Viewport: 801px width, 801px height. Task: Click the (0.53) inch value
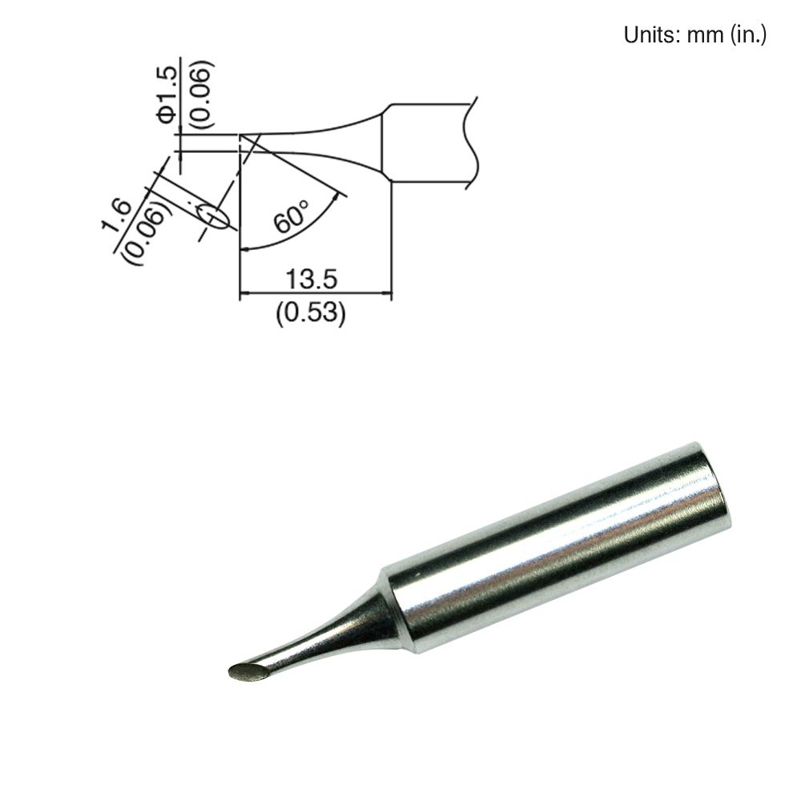click(311, 314)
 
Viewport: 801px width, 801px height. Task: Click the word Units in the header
click(646, 35)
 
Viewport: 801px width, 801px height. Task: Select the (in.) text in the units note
click(748, 35)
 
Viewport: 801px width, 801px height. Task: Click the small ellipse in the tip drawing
click(214, 216)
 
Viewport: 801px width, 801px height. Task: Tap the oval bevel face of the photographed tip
click(248, 674)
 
